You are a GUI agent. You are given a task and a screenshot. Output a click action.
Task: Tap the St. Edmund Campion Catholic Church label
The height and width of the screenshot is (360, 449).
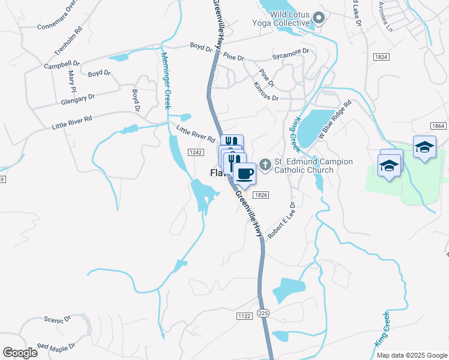(312, 166)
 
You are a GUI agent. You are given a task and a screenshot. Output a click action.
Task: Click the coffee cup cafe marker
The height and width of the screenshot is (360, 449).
(244, 174)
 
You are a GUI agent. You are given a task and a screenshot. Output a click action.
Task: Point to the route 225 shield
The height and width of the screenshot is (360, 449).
(262, 313)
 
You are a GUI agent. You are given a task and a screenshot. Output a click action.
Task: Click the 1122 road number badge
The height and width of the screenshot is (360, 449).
(244, 316)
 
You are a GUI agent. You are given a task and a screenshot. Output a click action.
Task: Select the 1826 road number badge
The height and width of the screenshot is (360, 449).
(261, 195)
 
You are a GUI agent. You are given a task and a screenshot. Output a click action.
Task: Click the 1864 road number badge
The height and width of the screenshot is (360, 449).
(438, 125)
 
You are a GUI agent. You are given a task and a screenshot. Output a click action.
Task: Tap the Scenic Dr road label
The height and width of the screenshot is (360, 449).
(58, 320)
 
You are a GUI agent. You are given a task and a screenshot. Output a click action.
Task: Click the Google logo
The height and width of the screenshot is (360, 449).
(20, 353)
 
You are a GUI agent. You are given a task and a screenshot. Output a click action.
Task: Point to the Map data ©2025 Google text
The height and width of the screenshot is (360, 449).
(411, 355)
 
